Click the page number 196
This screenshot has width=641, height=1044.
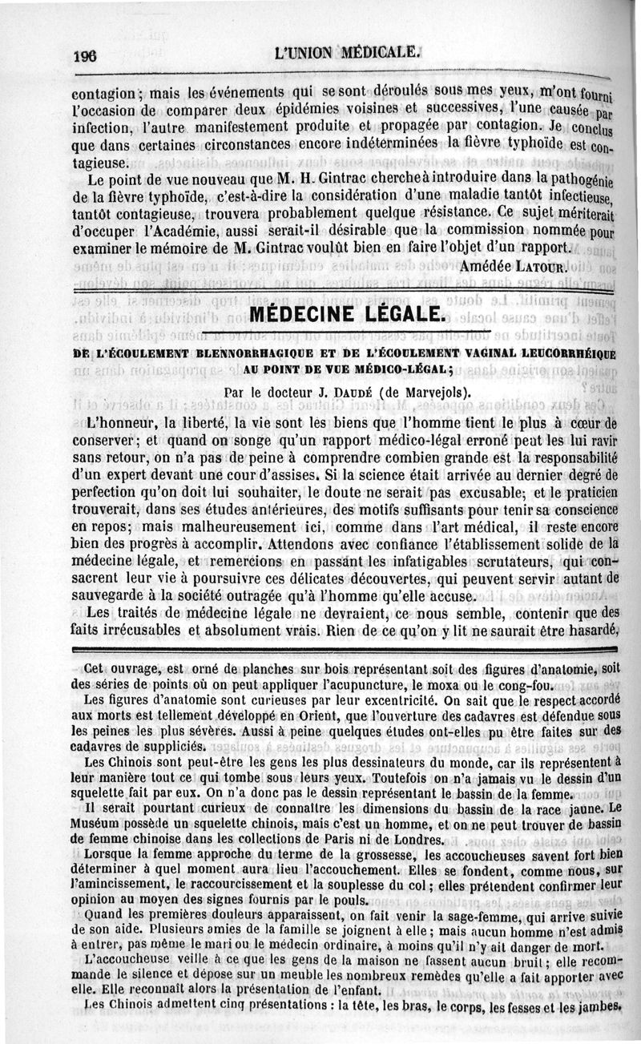[x=84, y=56]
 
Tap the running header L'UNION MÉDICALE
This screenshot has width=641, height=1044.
[x=346, y=54]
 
